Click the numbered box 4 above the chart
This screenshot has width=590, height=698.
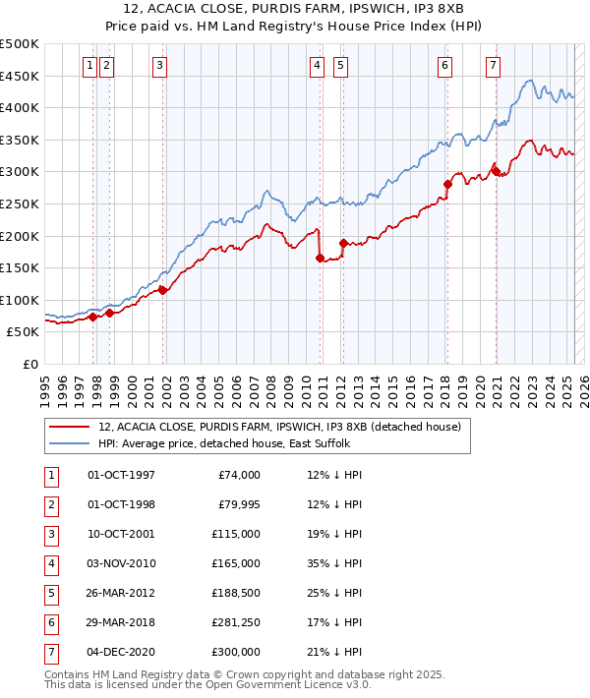coord(318,66)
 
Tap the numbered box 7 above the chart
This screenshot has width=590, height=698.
coord(493,66)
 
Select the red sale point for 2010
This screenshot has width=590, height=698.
coord(321,259)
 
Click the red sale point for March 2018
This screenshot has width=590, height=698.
coord(447,184)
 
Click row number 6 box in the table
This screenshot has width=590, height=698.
coord(50,622)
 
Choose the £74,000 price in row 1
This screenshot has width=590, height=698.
coord(239,476)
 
